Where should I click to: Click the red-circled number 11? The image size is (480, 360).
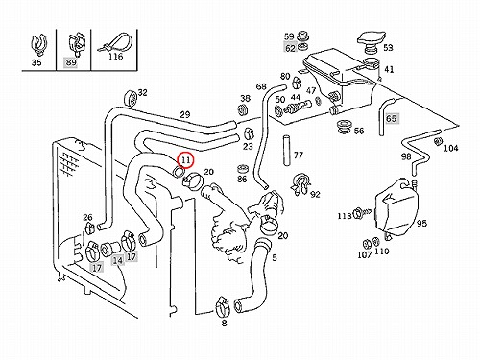pos(186,160)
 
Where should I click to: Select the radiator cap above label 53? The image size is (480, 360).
pos(372,40)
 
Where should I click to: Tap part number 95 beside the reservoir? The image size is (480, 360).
pos(421,223)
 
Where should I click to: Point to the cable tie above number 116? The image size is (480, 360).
pos(115,42)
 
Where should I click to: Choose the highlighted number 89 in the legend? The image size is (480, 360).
pos(70,62)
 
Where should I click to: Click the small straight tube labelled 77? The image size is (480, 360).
pos(287,151)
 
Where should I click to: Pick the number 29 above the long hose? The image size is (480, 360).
pos(185,114)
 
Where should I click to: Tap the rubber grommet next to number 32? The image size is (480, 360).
pos(130,98)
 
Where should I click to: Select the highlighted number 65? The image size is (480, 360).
pos(391,119)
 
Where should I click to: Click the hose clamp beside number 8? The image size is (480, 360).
pos(222,306)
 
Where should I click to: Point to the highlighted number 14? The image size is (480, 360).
pos(117,261)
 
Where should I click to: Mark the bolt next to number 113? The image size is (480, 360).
pos(361,212)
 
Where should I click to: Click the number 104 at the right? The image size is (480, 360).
pos(451,148)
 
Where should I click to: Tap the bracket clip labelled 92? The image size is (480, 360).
pos(300,183)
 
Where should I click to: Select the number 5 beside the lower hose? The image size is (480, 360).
pos(275,257)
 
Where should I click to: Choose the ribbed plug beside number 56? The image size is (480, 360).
pos(344,128)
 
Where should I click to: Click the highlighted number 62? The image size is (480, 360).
pos(290,48)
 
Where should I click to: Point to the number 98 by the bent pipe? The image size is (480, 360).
pos(406,156)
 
